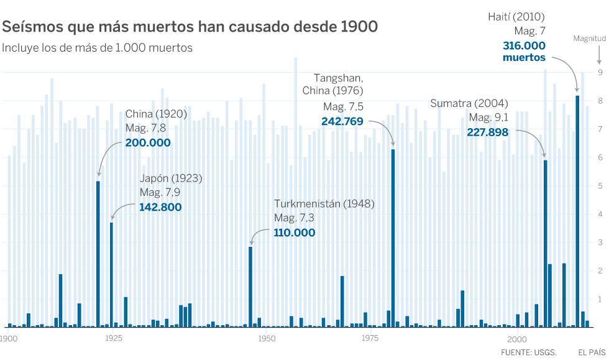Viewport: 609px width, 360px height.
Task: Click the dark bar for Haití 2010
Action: coord(578,211)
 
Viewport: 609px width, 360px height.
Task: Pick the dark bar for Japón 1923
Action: coord(112,274)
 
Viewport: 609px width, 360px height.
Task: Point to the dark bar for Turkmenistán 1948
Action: coord(250,287)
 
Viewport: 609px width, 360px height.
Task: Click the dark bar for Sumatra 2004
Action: coord(546,243)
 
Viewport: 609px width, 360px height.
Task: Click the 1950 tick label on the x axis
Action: coord(267,338)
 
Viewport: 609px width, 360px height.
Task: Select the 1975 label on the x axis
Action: coord(370,338)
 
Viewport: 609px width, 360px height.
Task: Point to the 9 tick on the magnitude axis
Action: coord(600,73)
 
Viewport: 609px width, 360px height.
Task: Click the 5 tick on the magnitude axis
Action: coord(600,186)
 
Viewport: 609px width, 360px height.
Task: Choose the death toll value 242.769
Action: coord(342,121)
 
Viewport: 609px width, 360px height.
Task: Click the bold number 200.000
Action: coord(147,142)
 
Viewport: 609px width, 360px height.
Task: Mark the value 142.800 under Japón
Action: coord(160,206)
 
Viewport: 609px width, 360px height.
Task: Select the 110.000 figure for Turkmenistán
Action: coord(294,233)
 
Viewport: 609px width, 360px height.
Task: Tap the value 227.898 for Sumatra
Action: coord(488,132)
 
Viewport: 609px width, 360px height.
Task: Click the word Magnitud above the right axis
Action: coord(588,39)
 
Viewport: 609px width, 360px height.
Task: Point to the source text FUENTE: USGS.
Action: coord(528,353)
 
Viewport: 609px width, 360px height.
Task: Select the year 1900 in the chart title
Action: coord(359,27)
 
